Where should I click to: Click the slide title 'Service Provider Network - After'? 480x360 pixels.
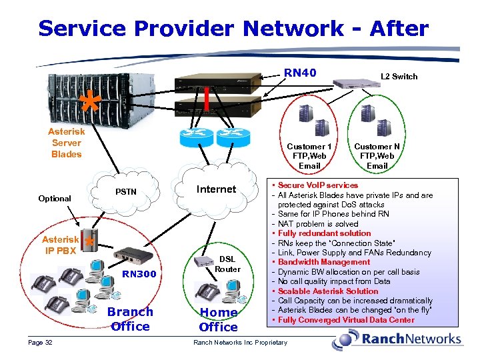(x=233, y=28)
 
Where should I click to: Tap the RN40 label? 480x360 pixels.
(x=300, y=72)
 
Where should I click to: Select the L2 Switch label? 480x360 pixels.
(x=399, y=77)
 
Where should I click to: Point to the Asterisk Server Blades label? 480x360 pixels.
(x=66, y=143)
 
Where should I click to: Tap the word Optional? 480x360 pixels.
(x=55, y=198)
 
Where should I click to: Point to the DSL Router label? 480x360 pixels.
(x=227, y=264)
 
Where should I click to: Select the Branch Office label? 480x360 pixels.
(x=130, y=319)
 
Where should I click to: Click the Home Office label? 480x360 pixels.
(x=218, y=319)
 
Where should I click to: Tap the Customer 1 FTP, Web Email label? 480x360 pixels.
(x=309, y=156)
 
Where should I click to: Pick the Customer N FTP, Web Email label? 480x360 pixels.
(x=377, y=156)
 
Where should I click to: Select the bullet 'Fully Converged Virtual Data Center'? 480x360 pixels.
(x=346, y=320)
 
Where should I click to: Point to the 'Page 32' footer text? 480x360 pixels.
(x=41, y=343)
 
